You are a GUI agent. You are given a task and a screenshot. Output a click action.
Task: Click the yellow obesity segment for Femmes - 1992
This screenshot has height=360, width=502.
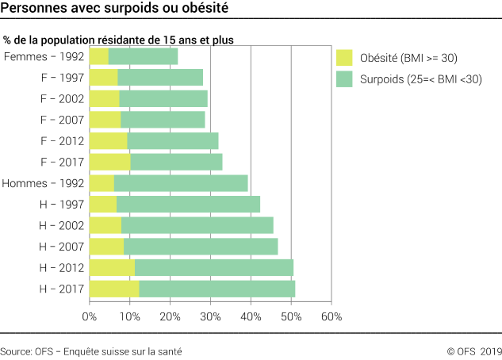click(x=99, y=56)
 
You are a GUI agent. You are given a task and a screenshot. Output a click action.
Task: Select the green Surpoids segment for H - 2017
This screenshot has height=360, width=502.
click(x=217, y=289)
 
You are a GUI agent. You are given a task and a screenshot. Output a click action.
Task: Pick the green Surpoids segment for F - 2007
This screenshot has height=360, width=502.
click(x=163, y=120)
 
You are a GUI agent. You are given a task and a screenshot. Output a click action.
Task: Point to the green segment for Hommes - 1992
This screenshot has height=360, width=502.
click(x=181, y=183)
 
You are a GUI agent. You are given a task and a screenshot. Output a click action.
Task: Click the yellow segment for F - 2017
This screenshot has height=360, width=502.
click(x=109, y=162)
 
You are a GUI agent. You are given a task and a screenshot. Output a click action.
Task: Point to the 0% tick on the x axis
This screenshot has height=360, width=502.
click(x=90, y=316)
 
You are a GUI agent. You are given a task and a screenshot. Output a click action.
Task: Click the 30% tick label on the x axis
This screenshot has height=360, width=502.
click(x=210, y=316)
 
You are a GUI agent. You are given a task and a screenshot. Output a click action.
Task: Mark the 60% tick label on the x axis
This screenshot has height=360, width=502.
click(x=331, y=316)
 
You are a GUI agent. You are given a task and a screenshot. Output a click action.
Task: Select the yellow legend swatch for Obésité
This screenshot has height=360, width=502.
click(x=343, y=58)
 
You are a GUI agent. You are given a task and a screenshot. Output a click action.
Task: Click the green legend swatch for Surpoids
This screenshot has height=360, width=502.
click(x=343, y=79)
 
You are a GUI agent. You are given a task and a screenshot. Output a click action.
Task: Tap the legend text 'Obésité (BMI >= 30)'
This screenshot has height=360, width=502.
click(x=408, y=58)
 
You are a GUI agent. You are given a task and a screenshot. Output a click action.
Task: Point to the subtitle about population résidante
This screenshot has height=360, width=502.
click(x=118, y=39)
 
